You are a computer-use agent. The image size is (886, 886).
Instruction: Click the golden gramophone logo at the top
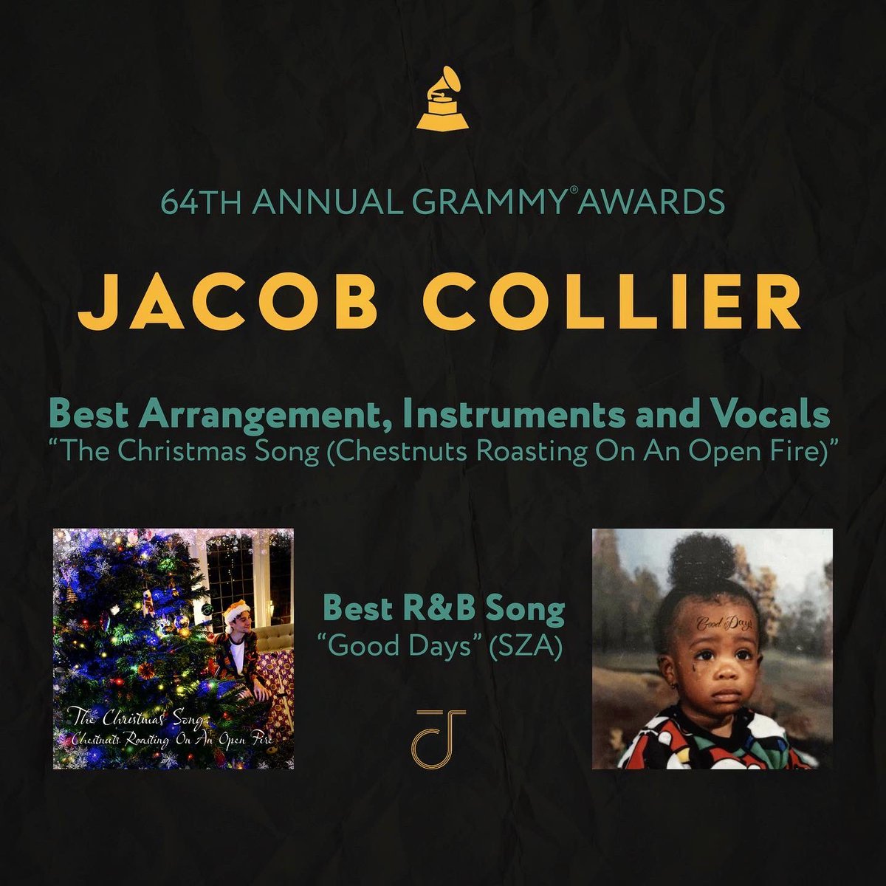(x=442, y=98)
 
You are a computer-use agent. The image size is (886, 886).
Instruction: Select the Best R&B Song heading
(x=443, y=610)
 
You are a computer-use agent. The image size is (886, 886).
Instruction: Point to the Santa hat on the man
(x=238, y=610)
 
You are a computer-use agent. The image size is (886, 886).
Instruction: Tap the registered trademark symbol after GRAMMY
(x=595, y=193)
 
